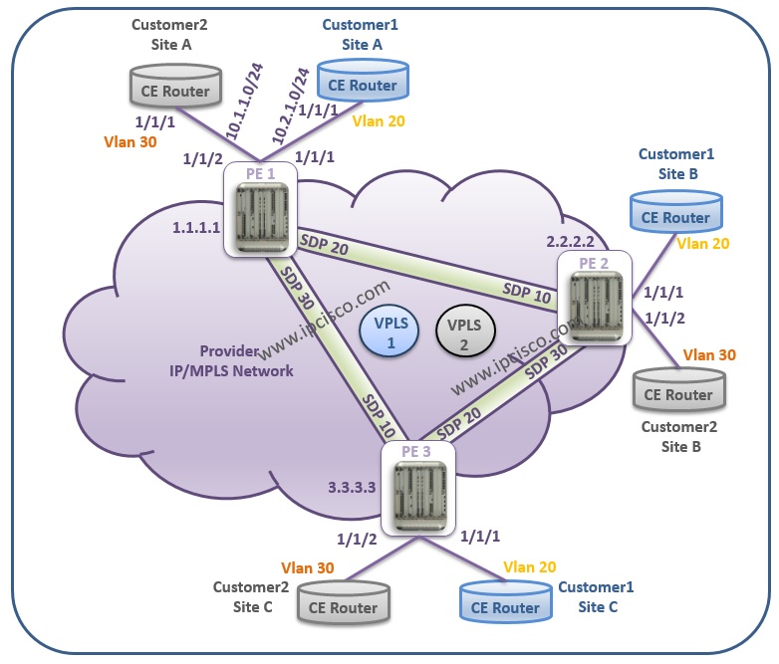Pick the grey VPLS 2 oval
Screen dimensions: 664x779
pyautogui.click(x=464, y=332)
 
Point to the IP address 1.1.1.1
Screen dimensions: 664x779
pyautogui.click(x=195, y=228)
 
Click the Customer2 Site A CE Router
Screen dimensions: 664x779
pyautogui.click(x=176, y=91)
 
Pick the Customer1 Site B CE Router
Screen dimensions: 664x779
pyautogui.click(x=675, y=216)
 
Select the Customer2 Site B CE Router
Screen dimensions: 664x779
pyautogui.click(x=675, y=393)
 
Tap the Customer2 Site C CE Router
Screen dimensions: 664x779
pyautogui.click(x=343, y=605)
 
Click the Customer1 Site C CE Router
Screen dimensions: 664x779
pyautogui.click(x=504, y=606)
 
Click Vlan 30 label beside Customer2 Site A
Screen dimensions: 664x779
pyautogui.click(x=129, y=141)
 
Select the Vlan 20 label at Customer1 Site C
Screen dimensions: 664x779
pyautogui.click(x=528, y=567)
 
